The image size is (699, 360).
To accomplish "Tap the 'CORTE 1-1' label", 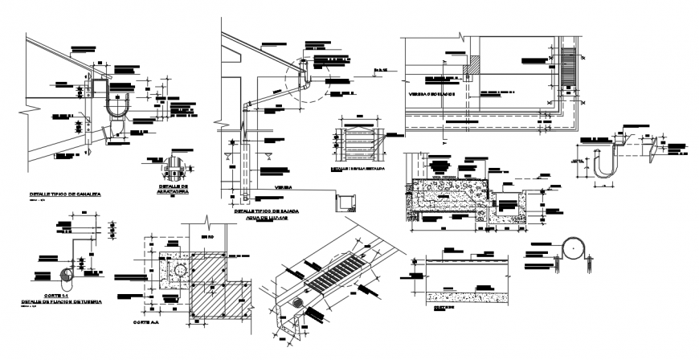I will (x=53, y=297).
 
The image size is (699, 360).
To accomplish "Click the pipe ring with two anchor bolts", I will (x=575, y=250).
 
